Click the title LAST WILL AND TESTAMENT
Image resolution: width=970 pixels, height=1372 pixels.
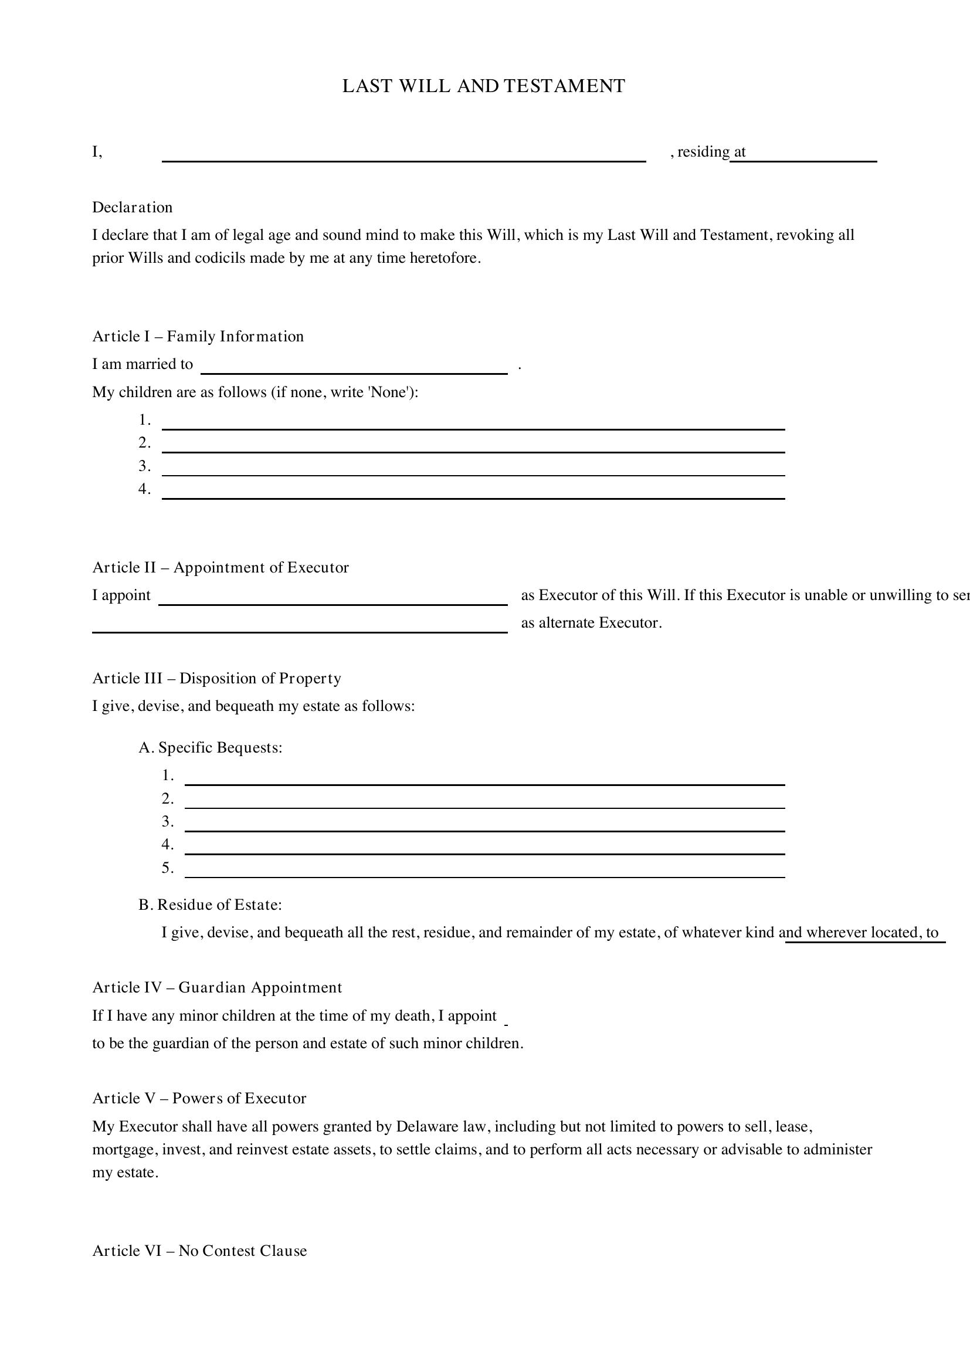[x=483, y=86]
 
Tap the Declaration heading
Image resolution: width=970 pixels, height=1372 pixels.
[x=132, y=207]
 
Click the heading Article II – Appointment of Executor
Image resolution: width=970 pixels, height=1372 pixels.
[x=221, y=567]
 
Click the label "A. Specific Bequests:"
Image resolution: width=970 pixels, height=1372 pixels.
[x=211, y=747]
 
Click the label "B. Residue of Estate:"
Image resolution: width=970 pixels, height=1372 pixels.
[x=211, y=904]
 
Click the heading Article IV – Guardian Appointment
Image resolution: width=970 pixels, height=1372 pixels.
[x=218, y=987]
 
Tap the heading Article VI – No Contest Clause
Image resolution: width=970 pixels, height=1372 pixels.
[x=199, y=1251]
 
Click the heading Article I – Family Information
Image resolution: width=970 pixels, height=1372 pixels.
[x=198, y=337]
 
